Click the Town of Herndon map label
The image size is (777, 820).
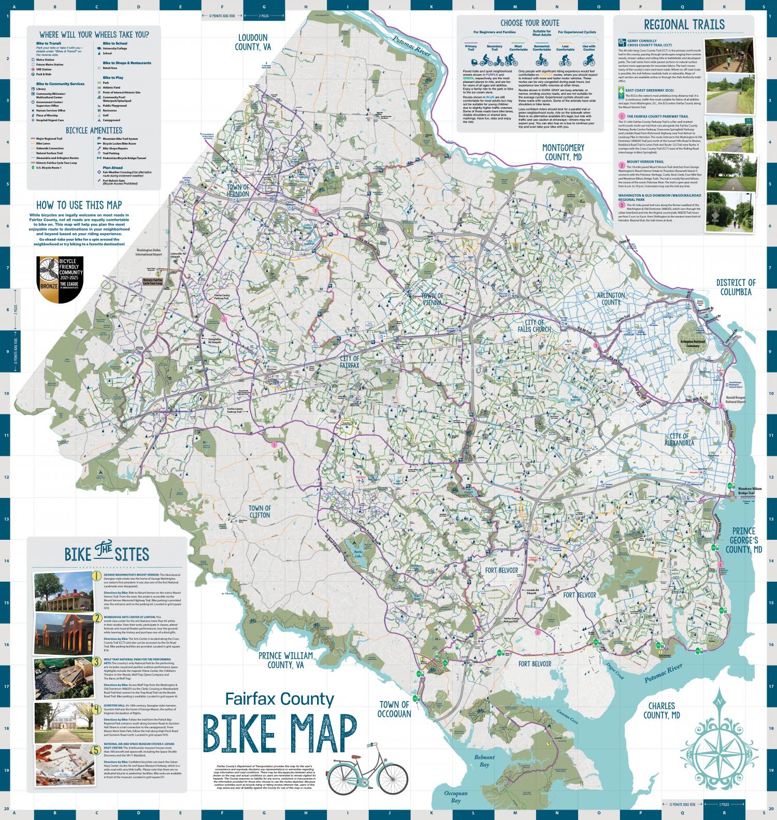click(x=238, y=190)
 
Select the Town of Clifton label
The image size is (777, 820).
click(x=260, y=511)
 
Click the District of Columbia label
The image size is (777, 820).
click(x=736, y=286)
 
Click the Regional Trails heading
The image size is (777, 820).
click(x=684, y=24)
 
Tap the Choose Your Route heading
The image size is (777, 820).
click(x=529, y=23)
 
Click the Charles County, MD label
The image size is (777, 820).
click(x=661, y=710)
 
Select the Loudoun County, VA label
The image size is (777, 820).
click(x=253, y=42)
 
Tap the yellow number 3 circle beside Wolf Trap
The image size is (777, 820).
click(x=96, y=661)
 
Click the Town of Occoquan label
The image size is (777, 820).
click(x=394, y=709)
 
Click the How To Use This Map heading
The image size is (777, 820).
click(x=79, y=205)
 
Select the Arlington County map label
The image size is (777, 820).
click(x=611, y=298)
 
